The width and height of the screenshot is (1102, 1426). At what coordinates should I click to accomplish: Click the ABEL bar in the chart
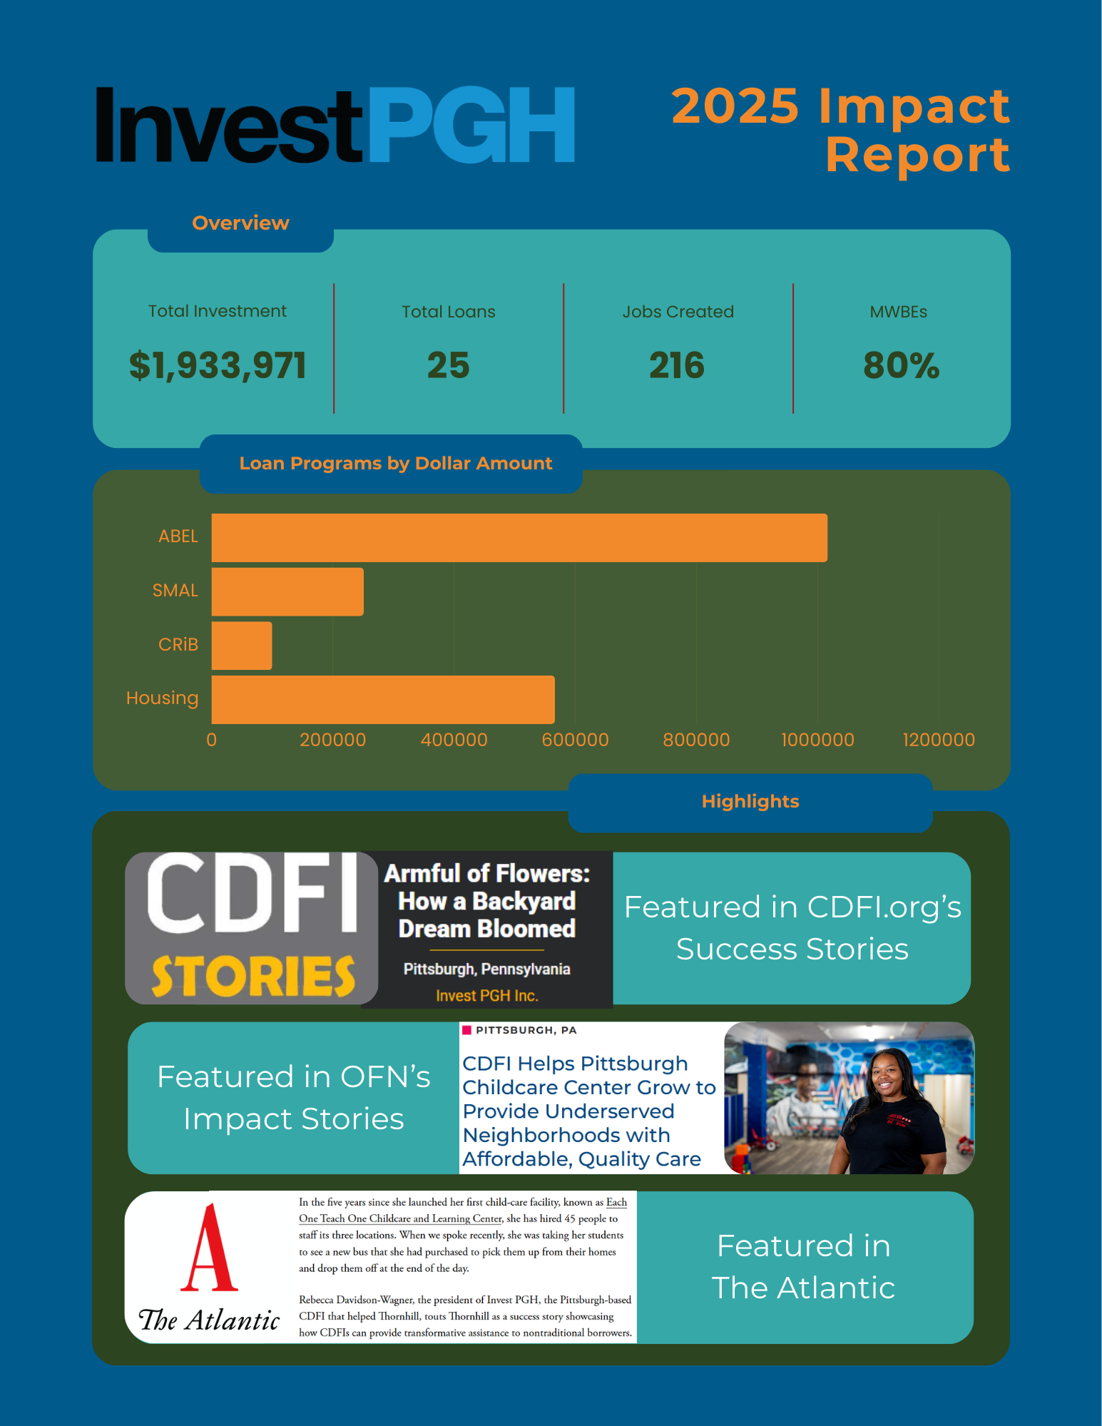[x=519, y=537]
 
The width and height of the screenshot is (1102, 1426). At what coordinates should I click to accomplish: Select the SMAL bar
[x=287, y=591]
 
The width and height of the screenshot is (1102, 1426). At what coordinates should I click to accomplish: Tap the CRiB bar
[x=242, y=646]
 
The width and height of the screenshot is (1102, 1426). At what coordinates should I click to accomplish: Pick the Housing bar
[x=383, y=699]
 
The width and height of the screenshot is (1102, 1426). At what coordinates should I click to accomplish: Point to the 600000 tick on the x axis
[x=575, y=740]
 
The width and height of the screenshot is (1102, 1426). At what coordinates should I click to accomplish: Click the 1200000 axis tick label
[x=938, y=740]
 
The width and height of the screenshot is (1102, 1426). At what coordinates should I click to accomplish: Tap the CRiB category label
[x=178, y=645]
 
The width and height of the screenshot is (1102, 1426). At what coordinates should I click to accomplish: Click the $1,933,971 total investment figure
[x=218, y=365]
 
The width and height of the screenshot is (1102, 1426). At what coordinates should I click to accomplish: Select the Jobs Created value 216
[x=677, y=365]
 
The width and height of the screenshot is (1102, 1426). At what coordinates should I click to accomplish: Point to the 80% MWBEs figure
[x=901, y=365]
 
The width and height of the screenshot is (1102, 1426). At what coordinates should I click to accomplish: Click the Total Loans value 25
[x=448, y=365]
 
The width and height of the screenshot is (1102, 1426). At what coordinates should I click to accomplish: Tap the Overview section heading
[x=240, y=223]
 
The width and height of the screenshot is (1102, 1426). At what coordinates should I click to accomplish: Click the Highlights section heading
[x=750, y=802]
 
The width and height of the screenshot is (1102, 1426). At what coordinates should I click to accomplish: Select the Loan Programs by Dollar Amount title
[x=395, y=464]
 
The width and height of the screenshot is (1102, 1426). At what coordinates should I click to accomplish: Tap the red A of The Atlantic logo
[x=208, y=1248]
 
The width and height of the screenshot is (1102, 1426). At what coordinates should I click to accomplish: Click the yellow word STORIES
[x=253, y=975]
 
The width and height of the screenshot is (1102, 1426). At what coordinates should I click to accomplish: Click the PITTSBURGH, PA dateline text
[x=526, y=1030]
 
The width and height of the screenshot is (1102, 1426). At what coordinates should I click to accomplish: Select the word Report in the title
[x=917, y=155]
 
